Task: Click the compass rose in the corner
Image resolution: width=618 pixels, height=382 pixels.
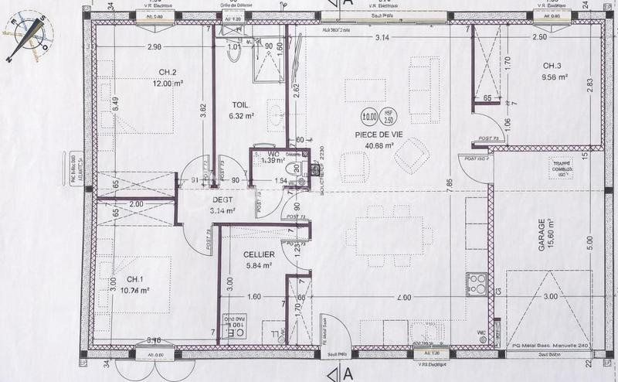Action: (28, 34)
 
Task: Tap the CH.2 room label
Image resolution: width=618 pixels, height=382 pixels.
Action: (168, 72)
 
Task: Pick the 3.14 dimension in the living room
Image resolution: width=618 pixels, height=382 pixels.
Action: (381, 37)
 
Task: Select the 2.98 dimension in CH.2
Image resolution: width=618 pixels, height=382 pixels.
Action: (154, 47)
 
